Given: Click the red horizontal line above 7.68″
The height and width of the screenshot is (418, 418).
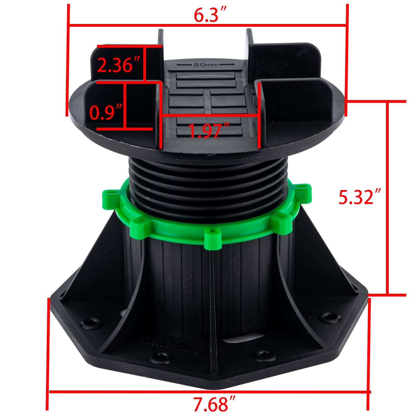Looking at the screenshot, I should tap(209, 392).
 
